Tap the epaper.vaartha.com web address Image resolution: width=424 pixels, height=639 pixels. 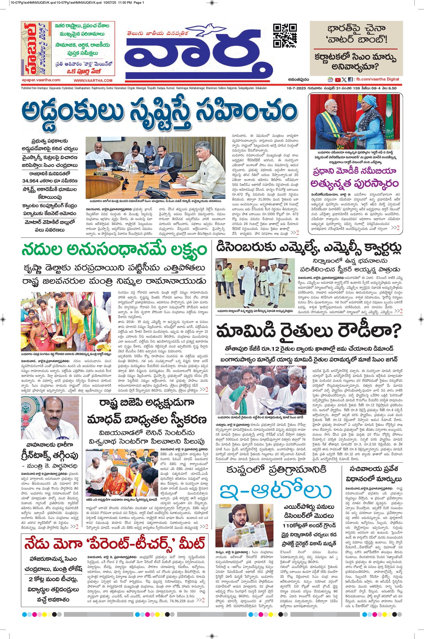(41, 80)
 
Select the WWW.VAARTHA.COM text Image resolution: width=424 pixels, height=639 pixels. (93, 81)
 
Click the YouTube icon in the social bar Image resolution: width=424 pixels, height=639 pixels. (337, 80)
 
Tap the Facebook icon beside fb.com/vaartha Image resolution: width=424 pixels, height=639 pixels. (350, 80)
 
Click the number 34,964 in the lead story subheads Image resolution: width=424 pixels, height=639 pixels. (32, 181)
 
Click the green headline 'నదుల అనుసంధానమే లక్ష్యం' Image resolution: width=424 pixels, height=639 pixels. (115, 249)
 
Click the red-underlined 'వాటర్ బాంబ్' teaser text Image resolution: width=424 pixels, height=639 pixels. (355, 40)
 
